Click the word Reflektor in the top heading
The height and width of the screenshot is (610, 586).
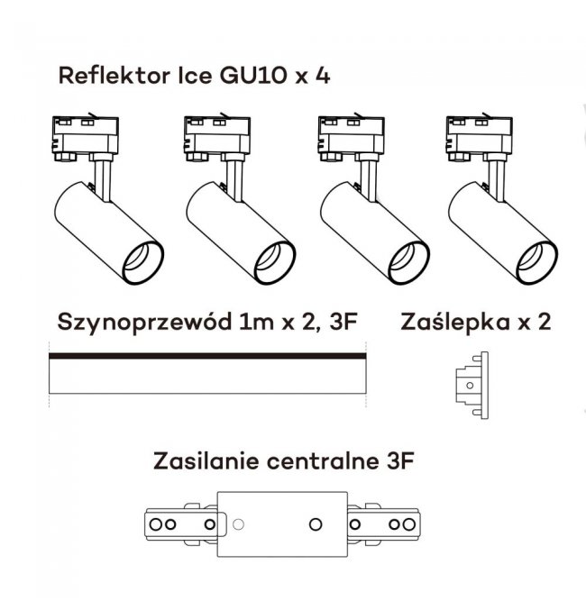pos(109,75)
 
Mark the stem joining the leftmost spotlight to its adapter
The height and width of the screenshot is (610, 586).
pos(103,177)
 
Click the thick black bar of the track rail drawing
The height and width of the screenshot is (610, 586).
pos(207,357)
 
